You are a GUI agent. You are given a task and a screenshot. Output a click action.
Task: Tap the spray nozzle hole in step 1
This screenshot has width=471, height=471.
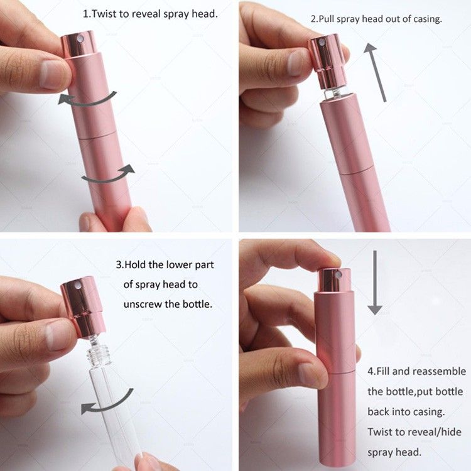pyautogui.click(x=80, y=38)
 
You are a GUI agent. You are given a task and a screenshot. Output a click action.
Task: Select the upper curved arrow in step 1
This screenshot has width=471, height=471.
pyautogui.click(x=87, y=99)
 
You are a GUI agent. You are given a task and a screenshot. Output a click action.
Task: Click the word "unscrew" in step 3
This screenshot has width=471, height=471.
pyautogui.click(x=143, y=305)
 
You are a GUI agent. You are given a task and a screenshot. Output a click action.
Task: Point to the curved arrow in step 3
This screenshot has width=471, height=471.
pyautogui.click(x=107, y=403)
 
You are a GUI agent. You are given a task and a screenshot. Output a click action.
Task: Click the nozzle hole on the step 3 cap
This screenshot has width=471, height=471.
pyautogui.click(x=78, y=284)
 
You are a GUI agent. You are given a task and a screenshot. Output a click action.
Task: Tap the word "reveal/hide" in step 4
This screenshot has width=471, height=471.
pyautogui.click(x=435, y=432)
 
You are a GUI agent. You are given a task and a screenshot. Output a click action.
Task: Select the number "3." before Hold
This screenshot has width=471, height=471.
pyautogui.click(x=120, y=264)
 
